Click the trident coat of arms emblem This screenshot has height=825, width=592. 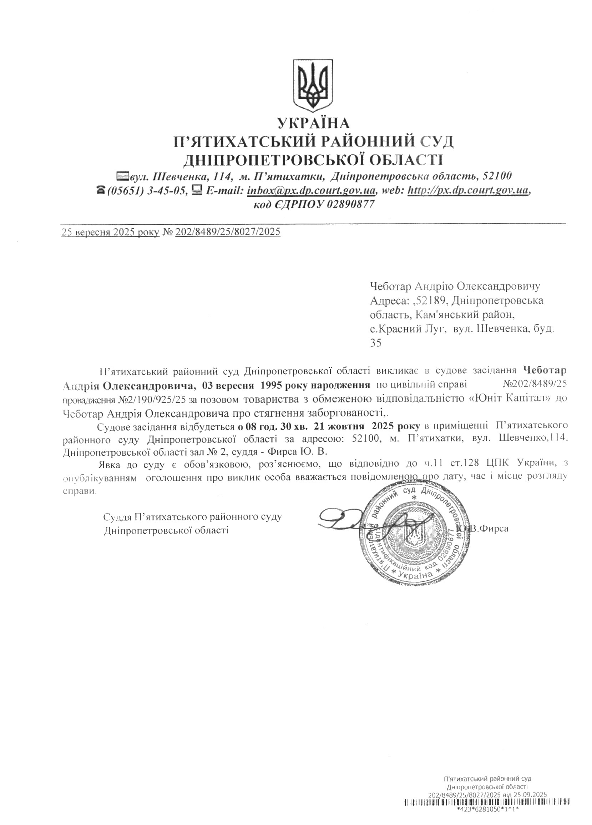click(x=313, y=85)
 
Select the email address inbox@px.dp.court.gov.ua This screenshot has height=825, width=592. click(x=312, y=190)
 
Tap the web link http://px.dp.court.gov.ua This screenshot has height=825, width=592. click(x=468, y=190)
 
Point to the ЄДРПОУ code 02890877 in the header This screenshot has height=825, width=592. click(x=350, y=204)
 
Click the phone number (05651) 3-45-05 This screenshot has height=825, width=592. click(x=146, y=190)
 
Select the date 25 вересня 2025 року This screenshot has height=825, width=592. click(x=110, y=232)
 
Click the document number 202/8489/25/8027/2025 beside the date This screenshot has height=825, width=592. click(x=228, y=232)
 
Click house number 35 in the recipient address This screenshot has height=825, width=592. click(x=376, y=343)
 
